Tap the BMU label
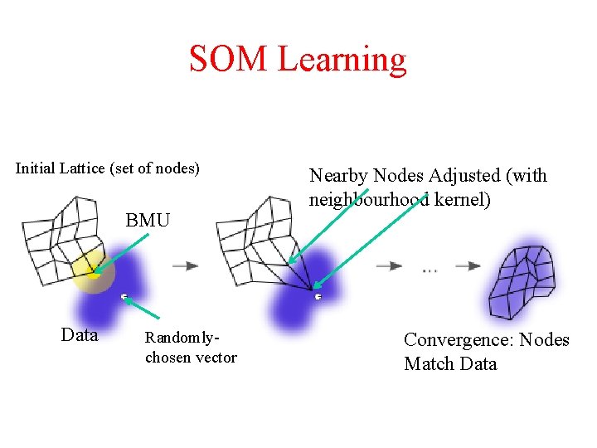[x=148, y=220]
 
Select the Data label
[x=80, y=335]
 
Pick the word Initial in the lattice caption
[x=36, y=168]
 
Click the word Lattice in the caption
[x=84, y=168]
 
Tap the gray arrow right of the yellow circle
[x=186, y=265]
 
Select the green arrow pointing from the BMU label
[x=121, y=251]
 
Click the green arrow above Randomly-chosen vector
[x=143, y=308]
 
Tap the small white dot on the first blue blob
[x=124, y=296]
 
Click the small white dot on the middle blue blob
[x=318, y=296]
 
